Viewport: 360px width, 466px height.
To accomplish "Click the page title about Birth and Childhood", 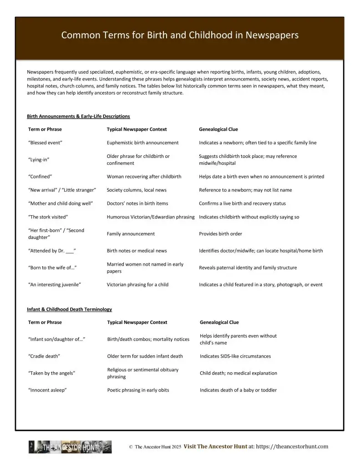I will (180, 35).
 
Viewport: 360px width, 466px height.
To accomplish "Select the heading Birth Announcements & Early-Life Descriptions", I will (78, 116).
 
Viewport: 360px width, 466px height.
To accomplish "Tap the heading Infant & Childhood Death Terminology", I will (69, 309).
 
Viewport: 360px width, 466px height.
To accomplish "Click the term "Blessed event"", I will (45, 143).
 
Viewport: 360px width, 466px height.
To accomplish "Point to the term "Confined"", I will (41, 177).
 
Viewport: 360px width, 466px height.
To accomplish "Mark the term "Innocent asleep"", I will (47, 390).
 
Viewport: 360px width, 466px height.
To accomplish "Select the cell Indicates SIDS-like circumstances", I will (235, 356).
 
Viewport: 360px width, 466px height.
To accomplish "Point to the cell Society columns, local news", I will (137, 190).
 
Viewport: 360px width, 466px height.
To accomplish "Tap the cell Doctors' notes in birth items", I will (137, 203).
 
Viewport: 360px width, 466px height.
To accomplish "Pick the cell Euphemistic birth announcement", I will (142, 143).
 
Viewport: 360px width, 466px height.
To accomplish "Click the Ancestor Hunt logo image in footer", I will (70, 447).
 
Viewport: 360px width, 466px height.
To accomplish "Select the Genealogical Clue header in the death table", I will (219, 322).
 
